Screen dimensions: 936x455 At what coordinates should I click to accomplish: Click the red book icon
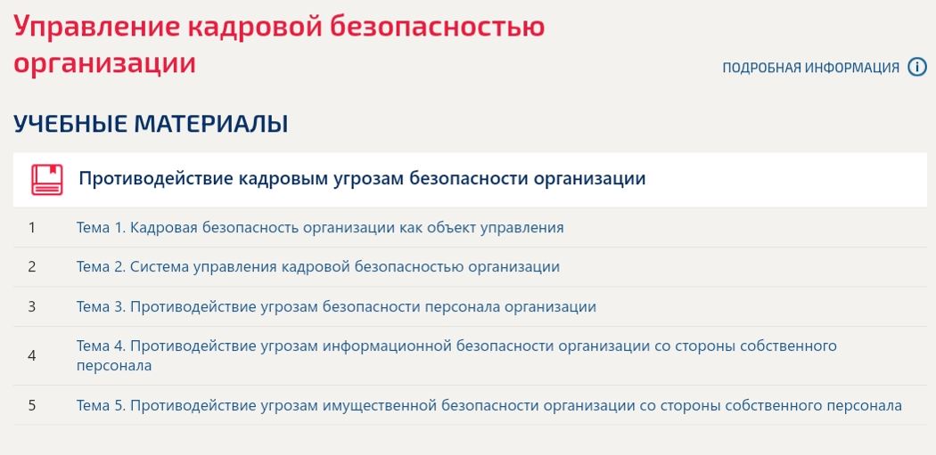pyautogui.click(x=47, y=180)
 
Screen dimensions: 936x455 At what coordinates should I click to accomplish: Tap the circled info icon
pyautogui.click(x=917, y=67)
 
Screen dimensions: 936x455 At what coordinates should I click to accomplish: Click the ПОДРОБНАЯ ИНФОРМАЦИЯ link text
pyautogui.click(x=810, y=68)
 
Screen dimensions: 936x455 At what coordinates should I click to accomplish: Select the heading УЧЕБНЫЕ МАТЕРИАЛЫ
pyautogui.click(x=151, y=124)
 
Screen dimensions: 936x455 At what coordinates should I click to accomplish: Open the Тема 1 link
pyautogui.click(x=320, y=228)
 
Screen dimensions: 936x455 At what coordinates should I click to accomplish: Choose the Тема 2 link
pyautogui.click(x=318, y=266)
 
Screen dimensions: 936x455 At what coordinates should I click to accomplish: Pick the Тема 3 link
pyautogui.click(x=336, y=307)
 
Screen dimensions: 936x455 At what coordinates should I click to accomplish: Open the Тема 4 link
pyautogui.click(x=456, y=355)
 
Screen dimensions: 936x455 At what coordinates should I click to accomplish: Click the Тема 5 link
pyautogui.click(x=489, y=406)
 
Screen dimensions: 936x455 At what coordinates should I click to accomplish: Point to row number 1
pyautogui.click(x=31, y=228)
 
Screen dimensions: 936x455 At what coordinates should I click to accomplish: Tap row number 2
pyautogui.click(x=31, y=266)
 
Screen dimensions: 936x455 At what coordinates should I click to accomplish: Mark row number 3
pyautogui.click(x=31, y=307)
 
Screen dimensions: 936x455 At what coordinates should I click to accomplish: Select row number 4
pyautogui.click(x=31, y=356)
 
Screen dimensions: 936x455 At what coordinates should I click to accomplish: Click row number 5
pyautogui.click(x=31, y=406)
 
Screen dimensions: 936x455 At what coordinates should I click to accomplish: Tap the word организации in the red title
pyautogui.click(x=104, y=63)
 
